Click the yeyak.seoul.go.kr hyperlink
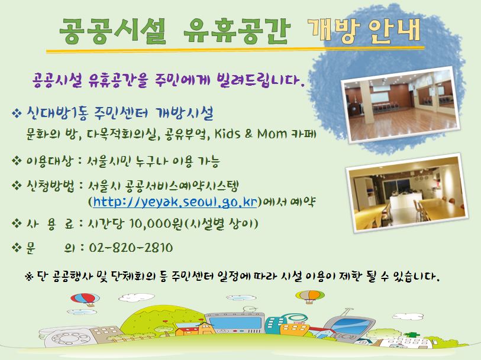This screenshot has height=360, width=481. pyautogui.click(x=175, y=202)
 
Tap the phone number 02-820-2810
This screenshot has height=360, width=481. pyautogui.click(x=131, y=248)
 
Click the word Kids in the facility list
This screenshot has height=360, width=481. pyautogui.click(x=227, y=133)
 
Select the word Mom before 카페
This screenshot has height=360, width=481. pyautogui.click(x=272, y=134)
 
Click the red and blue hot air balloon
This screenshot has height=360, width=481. pyautogui.click(x=85, y=299)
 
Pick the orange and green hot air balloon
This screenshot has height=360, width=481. pyautogui.click(x=310, y=296)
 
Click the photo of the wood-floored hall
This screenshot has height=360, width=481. pyautogui.click(x=401, y=105)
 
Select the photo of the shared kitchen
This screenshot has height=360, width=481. pyautogui.click(x=408, y=193)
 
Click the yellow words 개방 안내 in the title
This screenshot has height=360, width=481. pyautogui.click(x=364, y=30)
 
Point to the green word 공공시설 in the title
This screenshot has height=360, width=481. pyautogui.click(x=112, y=31)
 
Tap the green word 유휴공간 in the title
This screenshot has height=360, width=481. pyautogui.click(x=237, y=31)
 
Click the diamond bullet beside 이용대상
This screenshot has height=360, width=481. pyautogui.click(x=16, y=160)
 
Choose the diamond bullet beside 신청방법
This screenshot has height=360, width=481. pyautogui.click(x=16, y=186)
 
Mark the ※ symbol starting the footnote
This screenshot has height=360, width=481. pyautogui.click(x=29, y=277)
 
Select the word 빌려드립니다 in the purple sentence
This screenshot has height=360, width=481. pyautogui.click(x=260, y=80)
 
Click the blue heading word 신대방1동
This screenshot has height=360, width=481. pyautogui.click(x=57, y=113)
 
